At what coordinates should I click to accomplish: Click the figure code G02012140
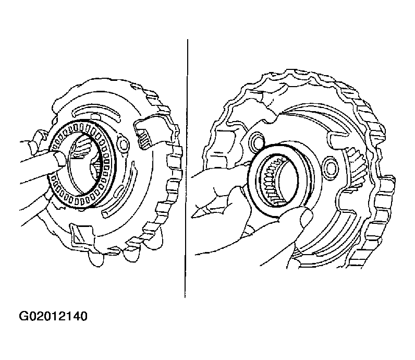[x=53, y=316]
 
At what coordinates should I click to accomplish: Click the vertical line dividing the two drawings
[x=186, y=169]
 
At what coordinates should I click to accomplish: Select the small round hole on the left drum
[x=124, y=144]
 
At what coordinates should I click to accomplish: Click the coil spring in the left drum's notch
[x=145, y=139]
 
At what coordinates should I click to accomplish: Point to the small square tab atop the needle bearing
[x=96, y=117]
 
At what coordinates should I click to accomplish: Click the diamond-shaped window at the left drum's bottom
[x=81, y=234]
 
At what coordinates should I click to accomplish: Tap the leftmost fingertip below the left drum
[x=96, y=260]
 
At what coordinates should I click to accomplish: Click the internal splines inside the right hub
[x=273, y=180]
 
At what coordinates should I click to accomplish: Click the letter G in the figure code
[x=23, y=316]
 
